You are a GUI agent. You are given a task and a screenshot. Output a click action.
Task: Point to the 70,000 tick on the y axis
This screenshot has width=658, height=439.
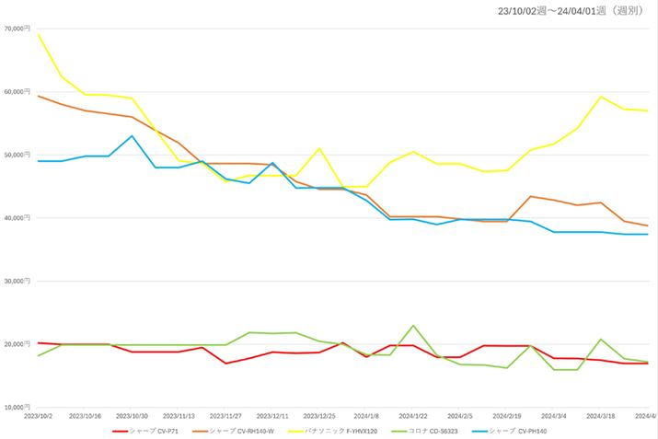pyautogui.click(x=17, y=29)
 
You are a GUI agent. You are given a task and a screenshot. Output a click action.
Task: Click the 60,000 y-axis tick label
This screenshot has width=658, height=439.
pyautogui.click(x=17, y=92)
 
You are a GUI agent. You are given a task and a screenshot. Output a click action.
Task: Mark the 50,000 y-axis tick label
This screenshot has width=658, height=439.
pyautogui.click(x=17, y=155)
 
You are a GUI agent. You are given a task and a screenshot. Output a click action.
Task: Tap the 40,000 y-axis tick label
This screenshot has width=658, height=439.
pyautogui.click(x=17, y=218)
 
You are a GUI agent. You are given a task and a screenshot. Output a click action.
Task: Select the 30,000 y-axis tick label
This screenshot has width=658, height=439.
pyautogui.click(x=17, y=281)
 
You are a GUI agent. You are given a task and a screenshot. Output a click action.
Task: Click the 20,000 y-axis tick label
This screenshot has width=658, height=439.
pyautogui.click(x=17, y=344)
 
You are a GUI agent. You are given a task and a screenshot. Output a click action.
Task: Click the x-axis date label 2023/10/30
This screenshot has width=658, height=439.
pyautogui.click(x=132, y=415)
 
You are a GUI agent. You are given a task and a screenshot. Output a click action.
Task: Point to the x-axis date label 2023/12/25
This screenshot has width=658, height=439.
pyautogui.click(x=319, y=415)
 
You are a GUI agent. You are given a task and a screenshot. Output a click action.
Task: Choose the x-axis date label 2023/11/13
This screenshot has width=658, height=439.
pyautogui.click(x=179, y=415)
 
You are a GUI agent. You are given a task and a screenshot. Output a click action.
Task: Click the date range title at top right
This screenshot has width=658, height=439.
pyautogui.click(x=570, y=11)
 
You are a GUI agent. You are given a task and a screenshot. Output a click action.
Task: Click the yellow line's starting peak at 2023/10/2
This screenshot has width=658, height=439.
pyautogui.click(x=39, y=35)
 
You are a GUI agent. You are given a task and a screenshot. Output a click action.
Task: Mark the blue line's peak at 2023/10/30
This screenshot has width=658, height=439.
pyautogui.click(x=132, y=136)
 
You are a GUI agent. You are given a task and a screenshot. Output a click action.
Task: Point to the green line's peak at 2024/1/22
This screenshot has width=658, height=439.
pyautogui.click(x=413, y=326)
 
